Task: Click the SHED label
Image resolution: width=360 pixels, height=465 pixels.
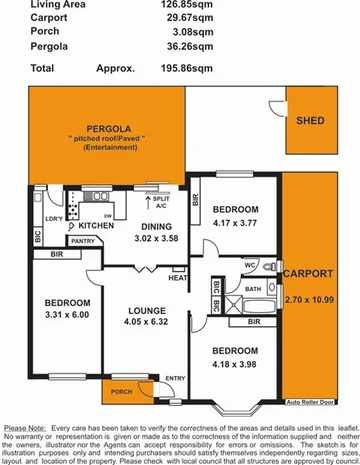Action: click(311, 122)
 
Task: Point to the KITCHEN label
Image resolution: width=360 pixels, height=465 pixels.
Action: click(86, 227)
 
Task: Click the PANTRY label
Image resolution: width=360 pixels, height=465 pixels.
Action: click(82, 241)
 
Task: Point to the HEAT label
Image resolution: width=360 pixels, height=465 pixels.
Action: click(178, 278)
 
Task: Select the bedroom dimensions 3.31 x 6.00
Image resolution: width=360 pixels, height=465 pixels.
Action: click(66, 316)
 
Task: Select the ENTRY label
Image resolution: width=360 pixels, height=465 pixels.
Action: click(175, 377)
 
